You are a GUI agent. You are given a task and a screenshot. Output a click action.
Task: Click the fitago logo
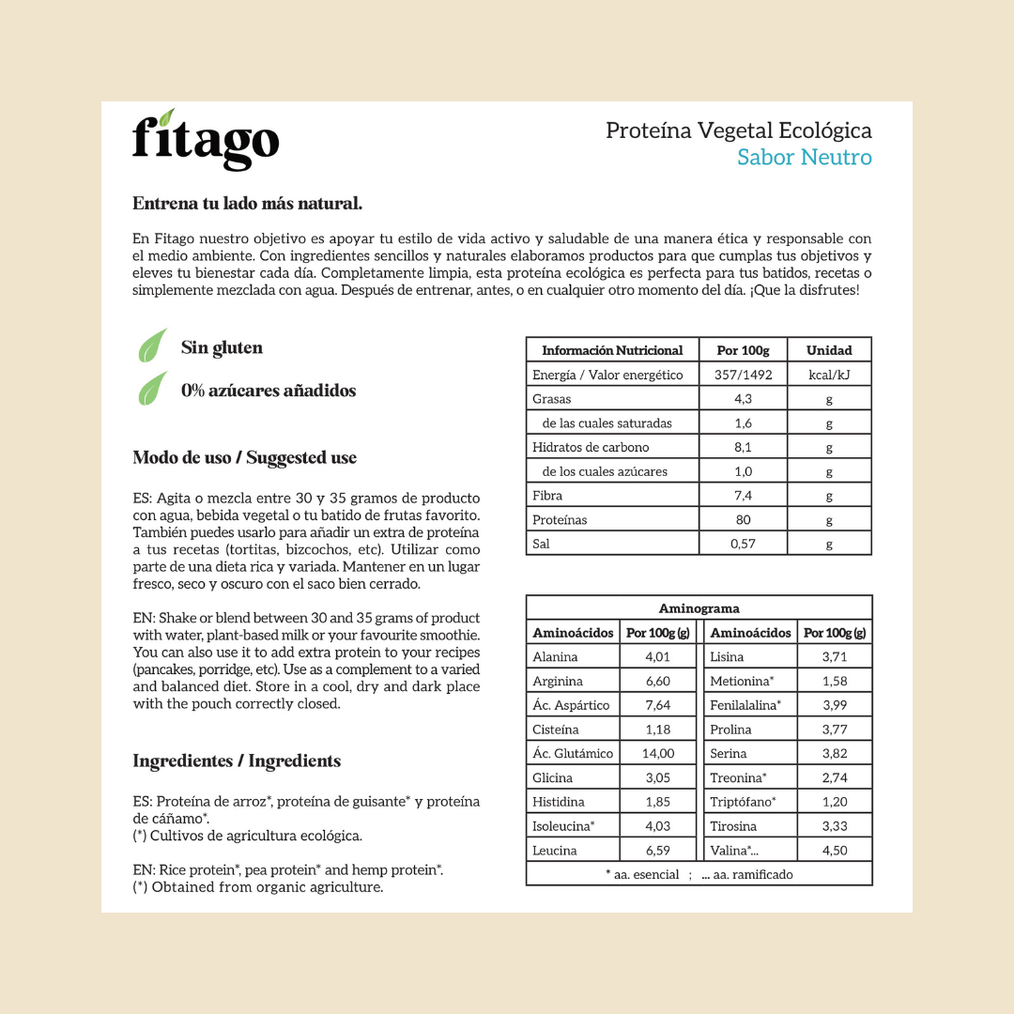[x=206, y=141]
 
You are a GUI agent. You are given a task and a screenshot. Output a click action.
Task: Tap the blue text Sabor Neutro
[x=804, y=158]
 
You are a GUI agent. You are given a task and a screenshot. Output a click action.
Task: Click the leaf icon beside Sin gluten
[x=153, y=346]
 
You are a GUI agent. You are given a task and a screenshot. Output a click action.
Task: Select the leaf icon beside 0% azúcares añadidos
[x=153, y=390]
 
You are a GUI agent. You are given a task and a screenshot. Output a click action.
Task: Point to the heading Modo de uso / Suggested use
[x=244, y=458]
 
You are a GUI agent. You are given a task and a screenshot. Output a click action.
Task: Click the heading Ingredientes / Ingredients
[x=237, y=761]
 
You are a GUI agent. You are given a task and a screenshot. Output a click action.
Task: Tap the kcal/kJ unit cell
[x=829, y=375]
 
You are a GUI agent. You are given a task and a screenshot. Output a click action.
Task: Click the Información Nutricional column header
[x=612, y=350]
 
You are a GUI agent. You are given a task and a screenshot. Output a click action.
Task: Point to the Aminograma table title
[x=699, y=608]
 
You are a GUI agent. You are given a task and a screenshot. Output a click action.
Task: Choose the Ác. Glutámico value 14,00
[x=657, y=753]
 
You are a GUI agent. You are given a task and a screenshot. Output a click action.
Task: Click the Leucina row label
[x=555, y=851]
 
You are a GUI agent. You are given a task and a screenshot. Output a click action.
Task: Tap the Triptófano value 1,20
[x=834, y=802]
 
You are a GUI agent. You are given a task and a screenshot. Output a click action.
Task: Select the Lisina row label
[x=728, y=657]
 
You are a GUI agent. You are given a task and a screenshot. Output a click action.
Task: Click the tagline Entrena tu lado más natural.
[x=247, y=204]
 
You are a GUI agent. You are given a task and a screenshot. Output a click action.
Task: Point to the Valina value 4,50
[x=834, y=851]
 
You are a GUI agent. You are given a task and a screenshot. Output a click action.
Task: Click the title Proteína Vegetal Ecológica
[x=738, y=131]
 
